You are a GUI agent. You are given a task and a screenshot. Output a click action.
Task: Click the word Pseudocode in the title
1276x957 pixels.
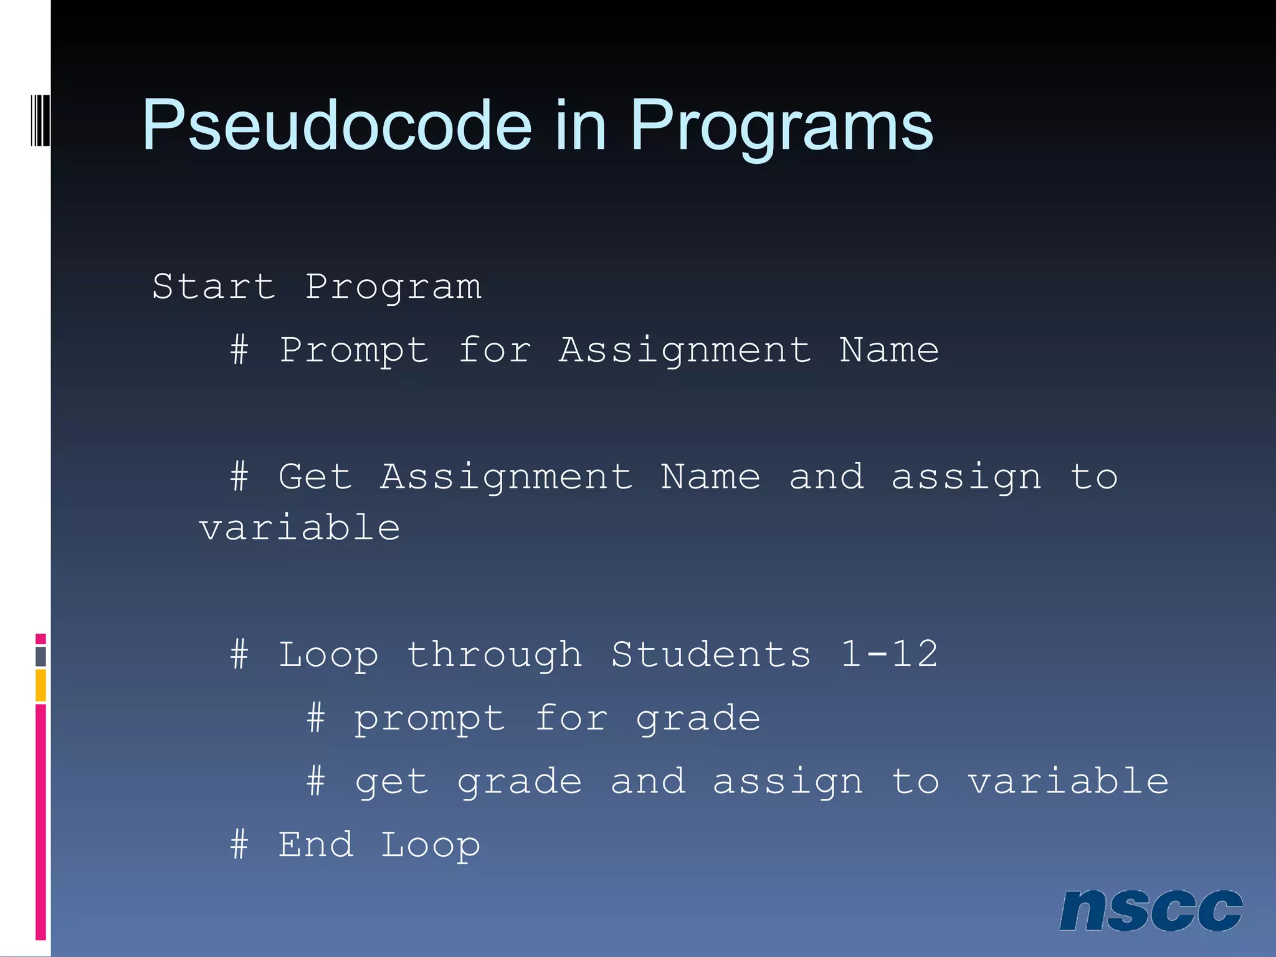[336, 126]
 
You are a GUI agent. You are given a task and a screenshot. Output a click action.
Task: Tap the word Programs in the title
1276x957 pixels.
[781, 126]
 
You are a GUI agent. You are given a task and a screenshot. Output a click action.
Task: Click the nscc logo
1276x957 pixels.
[1150, 910]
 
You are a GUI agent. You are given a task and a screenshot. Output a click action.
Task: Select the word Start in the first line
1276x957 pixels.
[214, 287]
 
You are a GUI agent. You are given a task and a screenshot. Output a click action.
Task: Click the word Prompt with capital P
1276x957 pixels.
[353, 351]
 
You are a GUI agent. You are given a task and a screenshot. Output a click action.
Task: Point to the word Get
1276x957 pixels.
[315, 477]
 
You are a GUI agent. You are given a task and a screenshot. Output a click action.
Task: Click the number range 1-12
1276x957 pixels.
[889, 655]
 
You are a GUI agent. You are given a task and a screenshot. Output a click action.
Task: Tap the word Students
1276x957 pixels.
[711, 655]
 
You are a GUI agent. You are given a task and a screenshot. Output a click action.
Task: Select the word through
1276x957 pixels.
[495, 655]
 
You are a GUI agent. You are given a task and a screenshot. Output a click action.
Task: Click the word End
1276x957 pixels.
[315, 845]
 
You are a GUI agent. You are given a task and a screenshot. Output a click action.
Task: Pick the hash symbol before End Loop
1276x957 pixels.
[239, 845]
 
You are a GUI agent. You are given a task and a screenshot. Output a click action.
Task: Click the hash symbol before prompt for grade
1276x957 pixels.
[316, 718]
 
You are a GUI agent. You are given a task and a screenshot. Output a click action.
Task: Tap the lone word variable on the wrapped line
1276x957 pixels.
[300, 528]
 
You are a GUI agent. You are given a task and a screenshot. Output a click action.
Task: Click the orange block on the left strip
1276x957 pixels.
[40, 685]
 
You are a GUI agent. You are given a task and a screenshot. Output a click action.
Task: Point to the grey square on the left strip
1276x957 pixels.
[40, 656]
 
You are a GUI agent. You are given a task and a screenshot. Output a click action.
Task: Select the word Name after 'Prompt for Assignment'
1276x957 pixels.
[889, 351]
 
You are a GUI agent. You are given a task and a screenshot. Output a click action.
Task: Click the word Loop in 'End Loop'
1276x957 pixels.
[431, 845]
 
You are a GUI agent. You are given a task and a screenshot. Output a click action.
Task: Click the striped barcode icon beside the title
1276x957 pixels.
[40, 120]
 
